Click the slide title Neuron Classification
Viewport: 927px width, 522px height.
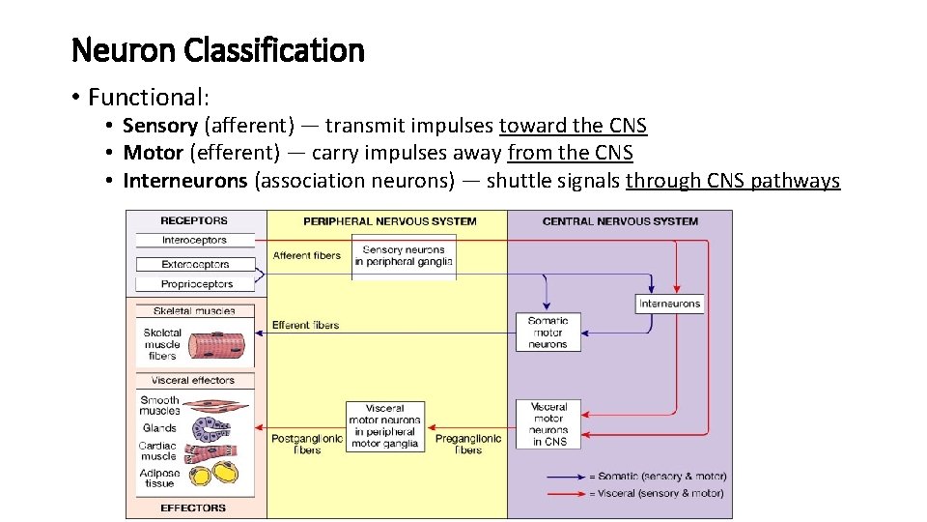[x=218, y=50]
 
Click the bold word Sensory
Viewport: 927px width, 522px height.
[x=159, y=126]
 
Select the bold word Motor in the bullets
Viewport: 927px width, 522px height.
[x=153, y=153]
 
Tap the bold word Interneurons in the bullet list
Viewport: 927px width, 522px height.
[x=184, y=181]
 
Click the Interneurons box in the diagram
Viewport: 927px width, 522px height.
[x=669, y=304]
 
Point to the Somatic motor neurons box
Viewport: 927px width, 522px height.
[x=548, y=332]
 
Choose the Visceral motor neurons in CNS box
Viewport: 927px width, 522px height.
[x=548, y=424]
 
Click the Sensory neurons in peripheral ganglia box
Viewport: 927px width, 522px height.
[x=404, y=255]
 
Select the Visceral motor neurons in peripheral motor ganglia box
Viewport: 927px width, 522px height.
[x=385, y=426]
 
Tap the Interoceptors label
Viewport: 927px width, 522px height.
[x=194, y=240]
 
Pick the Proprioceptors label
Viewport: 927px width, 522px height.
[x=196, y=284]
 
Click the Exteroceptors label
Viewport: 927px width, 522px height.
[x=195, y=264]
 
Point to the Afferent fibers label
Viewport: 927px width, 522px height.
[x=306, y=255]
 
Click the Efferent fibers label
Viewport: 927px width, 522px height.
[x=305, y=325]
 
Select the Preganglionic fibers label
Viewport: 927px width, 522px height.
[x=467, y=444]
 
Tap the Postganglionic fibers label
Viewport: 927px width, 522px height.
[x=306, y=444]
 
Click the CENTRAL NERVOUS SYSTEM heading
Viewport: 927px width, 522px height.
[x=620, y=221]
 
